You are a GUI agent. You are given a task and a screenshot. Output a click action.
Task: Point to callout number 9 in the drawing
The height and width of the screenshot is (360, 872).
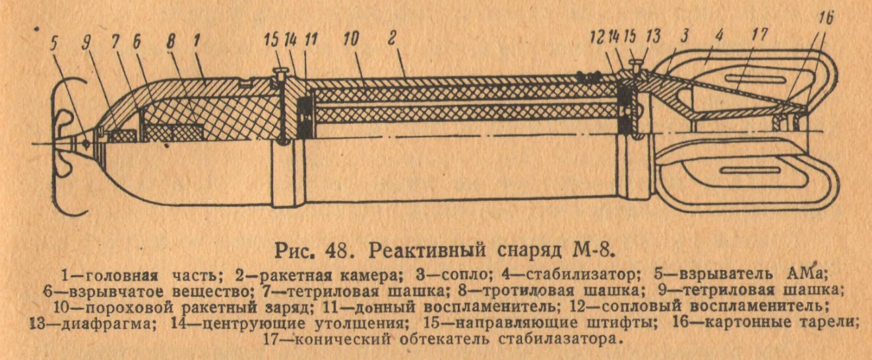pos(88,43)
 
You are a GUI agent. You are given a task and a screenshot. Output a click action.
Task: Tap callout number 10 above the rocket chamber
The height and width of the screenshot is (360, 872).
pos(352,39)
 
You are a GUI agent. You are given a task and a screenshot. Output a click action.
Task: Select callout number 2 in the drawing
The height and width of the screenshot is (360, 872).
pos(392,38)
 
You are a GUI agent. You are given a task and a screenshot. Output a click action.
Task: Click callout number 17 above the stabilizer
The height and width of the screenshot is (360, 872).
pos(759,35)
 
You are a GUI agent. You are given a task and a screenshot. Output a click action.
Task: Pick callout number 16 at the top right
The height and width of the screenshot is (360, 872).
pos(826,18)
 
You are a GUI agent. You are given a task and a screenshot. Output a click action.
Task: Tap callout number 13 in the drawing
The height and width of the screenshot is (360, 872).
pos(653,36)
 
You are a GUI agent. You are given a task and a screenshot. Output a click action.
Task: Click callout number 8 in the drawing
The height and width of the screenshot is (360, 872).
pos(171,42)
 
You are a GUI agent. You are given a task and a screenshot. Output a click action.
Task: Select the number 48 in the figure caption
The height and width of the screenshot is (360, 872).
pos(336,251)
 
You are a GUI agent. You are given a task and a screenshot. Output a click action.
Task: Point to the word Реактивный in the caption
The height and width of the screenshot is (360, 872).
pos(427,251)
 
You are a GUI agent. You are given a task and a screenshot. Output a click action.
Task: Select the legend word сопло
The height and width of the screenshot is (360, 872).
pos(463,276)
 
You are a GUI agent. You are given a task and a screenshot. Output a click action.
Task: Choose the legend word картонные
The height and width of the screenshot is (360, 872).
pos(749,322)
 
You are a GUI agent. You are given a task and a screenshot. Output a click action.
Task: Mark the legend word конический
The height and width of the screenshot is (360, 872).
pos(342,340)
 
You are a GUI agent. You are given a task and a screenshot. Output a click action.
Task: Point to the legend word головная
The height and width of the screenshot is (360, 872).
pos(121,276)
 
